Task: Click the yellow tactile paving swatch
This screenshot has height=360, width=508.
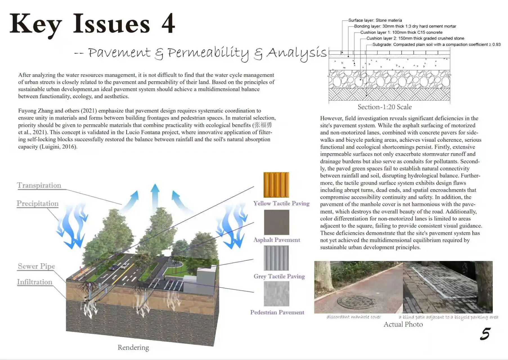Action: point(276,185)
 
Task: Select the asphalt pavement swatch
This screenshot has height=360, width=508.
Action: point(277,222)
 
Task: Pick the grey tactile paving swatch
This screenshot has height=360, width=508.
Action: point(276,258)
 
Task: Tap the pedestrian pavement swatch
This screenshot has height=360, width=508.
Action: point(277,294)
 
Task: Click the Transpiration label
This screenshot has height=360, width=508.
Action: point(39,185)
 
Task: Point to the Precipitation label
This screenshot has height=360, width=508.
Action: point(38,203)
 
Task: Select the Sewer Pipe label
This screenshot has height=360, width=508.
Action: point(36,266)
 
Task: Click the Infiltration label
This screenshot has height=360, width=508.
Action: point(35,282)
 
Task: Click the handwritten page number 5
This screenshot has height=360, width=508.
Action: point(485,334)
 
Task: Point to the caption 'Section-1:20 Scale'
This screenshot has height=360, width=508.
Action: point(385,107)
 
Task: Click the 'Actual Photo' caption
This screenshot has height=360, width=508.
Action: point(403,324)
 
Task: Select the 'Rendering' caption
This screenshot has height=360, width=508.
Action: point(133,347)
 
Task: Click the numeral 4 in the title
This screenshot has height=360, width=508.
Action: point(168,24)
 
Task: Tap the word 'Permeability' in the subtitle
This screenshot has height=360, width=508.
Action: point(208,53)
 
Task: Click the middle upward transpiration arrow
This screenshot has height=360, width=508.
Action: point(155,197)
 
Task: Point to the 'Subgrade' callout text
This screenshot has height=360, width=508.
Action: point(436,44)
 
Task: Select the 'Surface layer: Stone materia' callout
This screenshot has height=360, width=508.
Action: point(375,20)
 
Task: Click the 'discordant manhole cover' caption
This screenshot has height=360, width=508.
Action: point(354,317)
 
